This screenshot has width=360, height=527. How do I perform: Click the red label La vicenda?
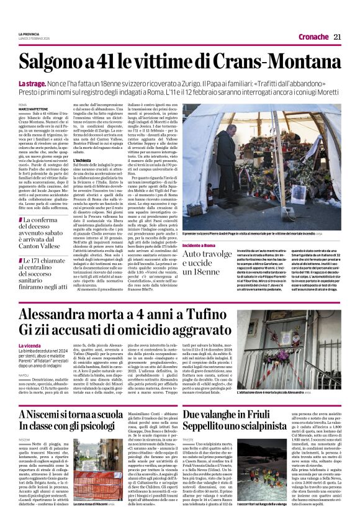pyautogui.click(x=30, y=344)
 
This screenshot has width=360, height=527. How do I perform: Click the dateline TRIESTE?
pyautogui.click(x=189, y=438)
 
